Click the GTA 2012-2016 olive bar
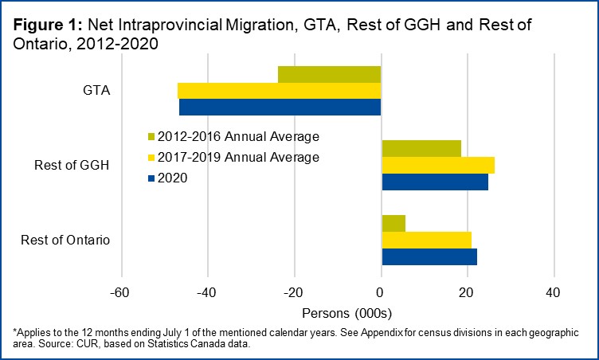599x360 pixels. [x=329, y=74]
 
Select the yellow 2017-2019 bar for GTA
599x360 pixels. [x=279, y=90]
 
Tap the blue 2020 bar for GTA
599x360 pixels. [x=280, y=107]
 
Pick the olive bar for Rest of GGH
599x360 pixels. [x=421, y=148]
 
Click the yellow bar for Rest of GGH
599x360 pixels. [x=438, y=165]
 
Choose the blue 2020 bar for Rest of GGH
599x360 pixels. [x=435, y=182]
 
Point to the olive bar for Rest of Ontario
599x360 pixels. [x=393, y=223]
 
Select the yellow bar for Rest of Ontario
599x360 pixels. [x=427, y=240]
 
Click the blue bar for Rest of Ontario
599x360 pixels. [x=429, y=256]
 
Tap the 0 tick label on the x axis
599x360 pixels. [x=381, y=292]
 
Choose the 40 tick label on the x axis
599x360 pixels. [x=553, y=292]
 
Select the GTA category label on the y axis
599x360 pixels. [x=97, y=90]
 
